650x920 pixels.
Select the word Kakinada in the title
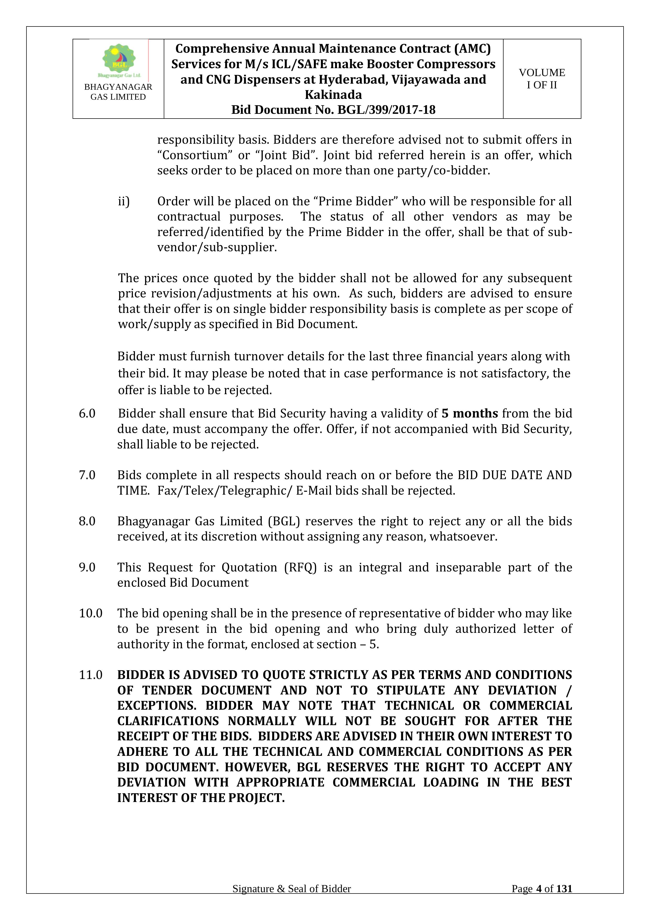click(x=333, y=95)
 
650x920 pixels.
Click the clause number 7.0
click(x=87, y=475)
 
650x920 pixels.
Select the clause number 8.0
click(x=87, y=521)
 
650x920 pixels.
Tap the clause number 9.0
click(x=87, y=567)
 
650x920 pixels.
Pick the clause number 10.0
click(x=90, y=613)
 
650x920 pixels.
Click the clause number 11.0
click(x=90, y=675)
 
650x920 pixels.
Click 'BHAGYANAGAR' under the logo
click(x=118, y=87)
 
